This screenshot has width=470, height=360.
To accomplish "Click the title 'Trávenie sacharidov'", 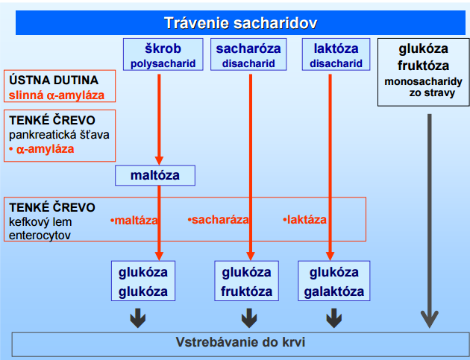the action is click(240, 23).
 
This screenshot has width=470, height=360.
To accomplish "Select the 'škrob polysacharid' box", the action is click(163, 54).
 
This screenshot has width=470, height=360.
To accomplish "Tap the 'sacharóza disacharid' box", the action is click(248, 54).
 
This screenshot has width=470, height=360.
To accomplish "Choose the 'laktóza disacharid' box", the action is click(336, 54).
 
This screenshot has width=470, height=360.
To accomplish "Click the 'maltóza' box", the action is click(155, 175).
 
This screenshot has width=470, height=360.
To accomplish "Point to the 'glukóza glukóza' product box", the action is click(143, 281).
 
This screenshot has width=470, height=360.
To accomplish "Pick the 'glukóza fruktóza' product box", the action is click(247, 281).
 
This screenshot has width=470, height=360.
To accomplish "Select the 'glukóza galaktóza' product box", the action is click(334, 281).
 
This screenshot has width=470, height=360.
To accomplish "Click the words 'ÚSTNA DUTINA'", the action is click(54, 80).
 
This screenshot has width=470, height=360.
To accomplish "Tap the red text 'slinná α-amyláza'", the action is click(57, 95).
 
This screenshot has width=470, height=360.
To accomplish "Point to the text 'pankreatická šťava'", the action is click(59, 135).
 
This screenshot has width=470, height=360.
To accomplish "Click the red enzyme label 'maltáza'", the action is click(134, 221).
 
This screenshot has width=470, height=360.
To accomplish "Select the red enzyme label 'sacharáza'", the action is click(218, 220).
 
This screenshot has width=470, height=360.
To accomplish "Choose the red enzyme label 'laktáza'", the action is click(304, 220).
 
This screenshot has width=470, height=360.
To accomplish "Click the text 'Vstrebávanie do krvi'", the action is click(240, 342).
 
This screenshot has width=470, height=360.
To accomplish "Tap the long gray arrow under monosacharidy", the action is click(430, 221).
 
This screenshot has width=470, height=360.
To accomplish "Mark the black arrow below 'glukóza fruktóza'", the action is click(249, 318).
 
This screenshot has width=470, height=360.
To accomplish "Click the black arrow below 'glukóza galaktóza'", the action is click(334, 318).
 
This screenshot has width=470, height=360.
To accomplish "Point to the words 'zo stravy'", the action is click(432, 93).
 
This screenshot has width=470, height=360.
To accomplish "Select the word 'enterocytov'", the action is click(40, 236).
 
